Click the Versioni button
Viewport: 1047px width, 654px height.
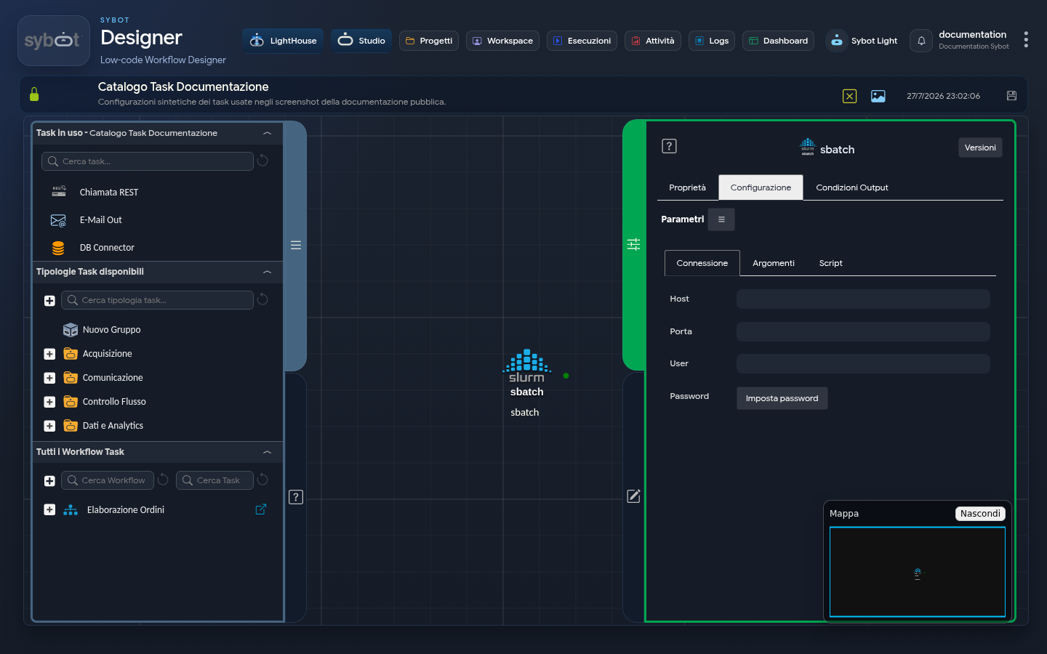[979, 148]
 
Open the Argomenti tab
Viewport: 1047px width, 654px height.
[773, 263]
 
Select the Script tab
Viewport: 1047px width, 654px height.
[830, 263]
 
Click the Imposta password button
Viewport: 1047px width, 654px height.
[782, 398]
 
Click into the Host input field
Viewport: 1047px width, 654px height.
[863, 299]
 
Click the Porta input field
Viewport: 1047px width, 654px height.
[863, 331]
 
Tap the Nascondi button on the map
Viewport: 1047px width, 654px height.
[979, 513]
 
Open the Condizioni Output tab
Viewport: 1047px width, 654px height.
[851, 187]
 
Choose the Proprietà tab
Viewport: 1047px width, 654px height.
[687, 187]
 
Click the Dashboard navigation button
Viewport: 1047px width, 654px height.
[778, 41]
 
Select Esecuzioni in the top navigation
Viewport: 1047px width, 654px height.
[582, 41]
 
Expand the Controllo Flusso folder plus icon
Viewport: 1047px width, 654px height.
[49, 402]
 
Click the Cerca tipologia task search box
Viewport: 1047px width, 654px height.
[158, 300]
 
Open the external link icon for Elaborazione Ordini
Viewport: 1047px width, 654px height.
[261, 509]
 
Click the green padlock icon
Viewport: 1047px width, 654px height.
[34, 94]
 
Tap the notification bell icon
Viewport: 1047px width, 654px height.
[921, 41]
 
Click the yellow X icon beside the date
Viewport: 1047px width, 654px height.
[849, 96]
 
